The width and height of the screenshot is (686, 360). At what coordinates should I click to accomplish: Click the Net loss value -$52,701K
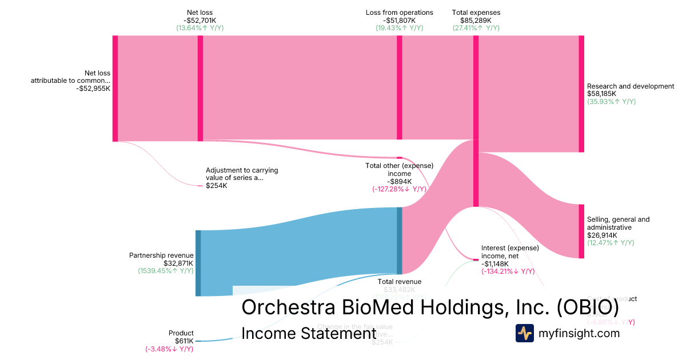click(200, 20)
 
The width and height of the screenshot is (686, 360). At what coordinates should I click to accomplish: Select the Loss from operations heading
click(399, 13)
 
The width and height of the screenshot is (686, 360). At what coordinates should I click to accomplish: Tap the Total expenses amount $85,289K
click(476, 20)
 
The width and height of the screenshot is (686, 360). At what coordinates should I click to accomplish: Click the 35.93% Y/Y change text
click(611, 102)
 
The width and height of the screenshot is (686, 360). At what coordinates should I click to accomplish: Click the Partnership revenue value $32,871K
click(178, 263)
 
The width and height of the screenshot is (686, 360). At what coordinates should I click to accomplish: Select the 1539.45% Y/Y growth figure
click(166, 271)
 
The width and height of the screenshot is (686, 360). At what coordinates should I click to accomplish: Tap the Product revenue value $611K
click(184, 341)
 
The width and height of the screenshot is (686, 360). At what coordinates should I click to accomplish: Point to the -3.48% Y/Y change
click(169, 349)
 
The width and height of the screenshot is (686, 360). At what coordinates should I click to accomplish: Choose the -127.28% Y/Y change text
click(399, 189)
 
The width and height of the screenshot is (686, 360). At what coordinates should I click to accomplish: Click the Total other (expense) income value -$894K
click(399, 182)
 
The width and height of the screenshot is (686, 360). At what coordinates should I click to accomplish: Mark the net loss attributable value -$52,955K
click(93, 89)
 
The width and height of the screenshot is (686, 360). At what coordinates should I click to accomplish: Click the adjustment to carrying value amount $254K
click(216, 186)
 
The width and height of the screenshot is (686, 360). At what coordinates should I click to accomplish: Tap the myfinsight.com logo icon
click(524, 333)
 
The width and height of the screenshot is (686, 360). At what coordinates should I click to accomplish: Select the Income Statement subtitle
click(309, 333)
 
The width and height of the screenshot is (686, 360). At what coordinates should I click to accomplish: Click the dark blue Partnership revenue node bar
click(198, 263)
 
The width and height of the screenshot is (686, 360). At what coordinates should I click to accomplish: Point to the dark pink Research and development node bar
click(581, 94)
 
